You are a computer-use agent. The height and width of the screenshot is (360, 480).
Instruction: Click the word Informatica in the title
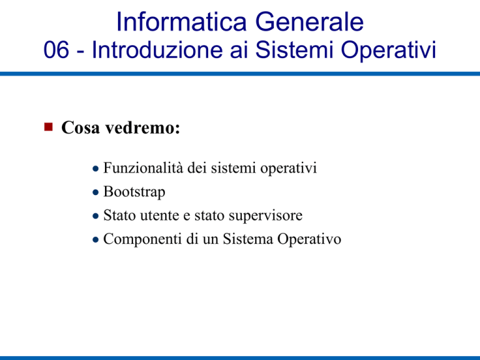pos(181,21)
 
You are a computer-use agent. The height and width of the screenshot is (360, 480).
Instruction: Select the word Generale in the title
pos(309,21)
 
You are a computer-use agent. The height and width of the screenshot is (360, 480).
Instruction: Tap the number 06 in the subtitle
pos(56,49)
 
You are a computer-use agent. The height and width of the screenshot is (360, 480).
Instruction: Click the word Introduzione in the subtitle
pos(157,49)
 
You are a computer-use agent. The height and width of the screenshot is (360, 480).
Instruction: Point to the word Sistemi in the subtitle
pos(294,49)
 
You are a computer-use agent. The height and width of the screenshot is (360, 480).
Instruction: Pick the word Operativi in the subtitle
pos(389,50)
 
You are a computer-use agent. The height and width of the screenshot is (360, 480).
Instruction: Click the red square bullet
pos(48,127)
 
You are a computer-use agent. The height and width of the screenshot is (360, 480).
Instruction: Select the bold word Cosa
pos(81,127)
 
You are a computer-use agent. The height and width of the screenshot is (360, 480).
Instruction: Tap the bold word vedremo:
pos(142,127)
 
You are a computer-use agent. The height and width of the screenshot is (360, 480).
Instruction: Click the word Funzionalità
pos(143,167)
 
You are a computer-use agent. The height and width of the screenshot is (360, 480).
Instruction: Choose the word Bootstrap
pos(134,192)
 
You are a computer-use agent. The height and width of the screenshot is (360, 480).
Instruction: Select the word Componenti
pos(142,239)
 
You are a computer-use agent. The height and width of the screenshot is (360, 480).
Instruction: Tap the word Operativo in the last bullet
pos(309,239)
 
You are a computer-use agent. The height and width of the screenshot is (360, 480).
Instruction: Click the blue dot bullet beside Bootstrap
pos(96,192)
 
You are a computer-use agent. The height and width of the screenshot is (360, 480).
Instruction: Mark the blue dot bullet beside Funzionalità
pos(96,168)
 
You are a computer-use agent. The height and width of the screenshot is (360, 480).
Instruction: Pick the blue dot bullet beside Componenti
pos(96,240)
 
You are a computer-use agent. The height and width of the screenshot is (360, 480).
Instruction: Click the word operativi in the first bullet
pos(288,168)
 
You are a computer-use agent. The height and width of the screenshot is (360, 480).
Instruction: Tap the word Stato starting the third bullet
pos(119,215)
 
